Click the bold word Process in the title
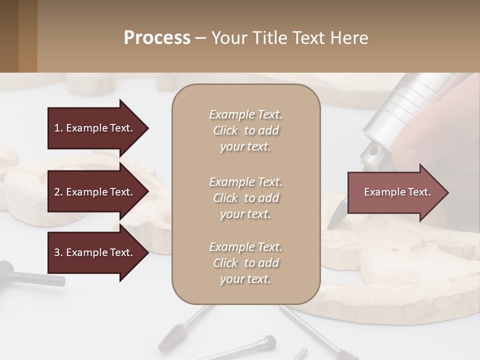click(157, 38)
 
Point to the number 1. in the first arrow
click(58, 128)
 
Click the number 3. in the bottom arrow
click(58, 252)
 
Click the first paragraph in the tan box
click(245, 130)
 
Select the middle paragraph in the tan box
click(245, 197)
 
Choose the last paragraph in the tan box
click(245, 262)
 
